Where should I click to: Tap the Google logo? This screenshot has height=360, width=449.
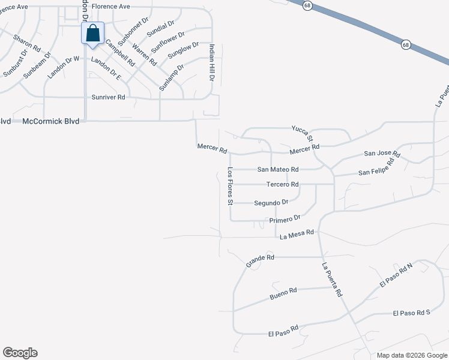[x=20, y=353]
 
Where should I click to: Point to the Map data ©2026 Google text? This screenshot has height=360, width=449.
[x=411, y=355]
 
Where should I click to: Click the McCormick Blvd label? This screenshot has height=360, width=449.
[x=50, y=121]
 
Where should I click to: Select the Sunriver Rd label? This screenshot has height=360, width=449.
[x=108, y=97]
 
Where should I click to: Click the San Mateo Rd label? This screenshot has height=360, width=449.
[x=278, y=170]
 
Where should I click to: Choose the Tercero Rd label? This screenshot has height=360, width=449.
[x=282, y=184]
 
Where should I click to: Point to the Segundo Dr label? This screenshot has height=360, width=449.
[x=271, y=203]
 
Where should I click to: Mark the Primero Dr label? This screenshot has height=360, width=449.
[x=284, y=220]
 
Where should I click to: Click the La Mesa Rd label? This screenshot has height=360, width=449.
[x=297, y=233]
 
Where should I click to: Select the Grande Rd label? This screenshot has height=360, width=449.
[x=260, y=260]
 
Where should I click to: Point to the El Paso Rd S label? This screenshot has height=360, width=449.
[x=412, y=313]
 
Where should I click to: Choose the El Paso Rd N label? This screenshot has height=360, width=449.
[x=396, y=275]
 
